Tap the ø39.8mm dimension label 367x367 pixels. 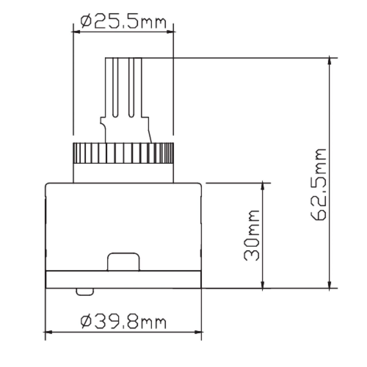pos(123,321)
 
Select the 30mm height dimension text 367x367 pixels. pos(251,235)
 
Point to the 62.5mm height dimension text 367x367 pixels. pos(318,185)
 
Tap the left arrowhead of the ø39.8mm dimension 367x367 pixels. pos(49,332)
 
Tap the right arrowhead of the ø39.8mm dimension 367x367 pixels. pos(198,332)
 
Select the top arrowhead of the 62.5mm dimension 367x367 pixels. pos(330,61)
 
